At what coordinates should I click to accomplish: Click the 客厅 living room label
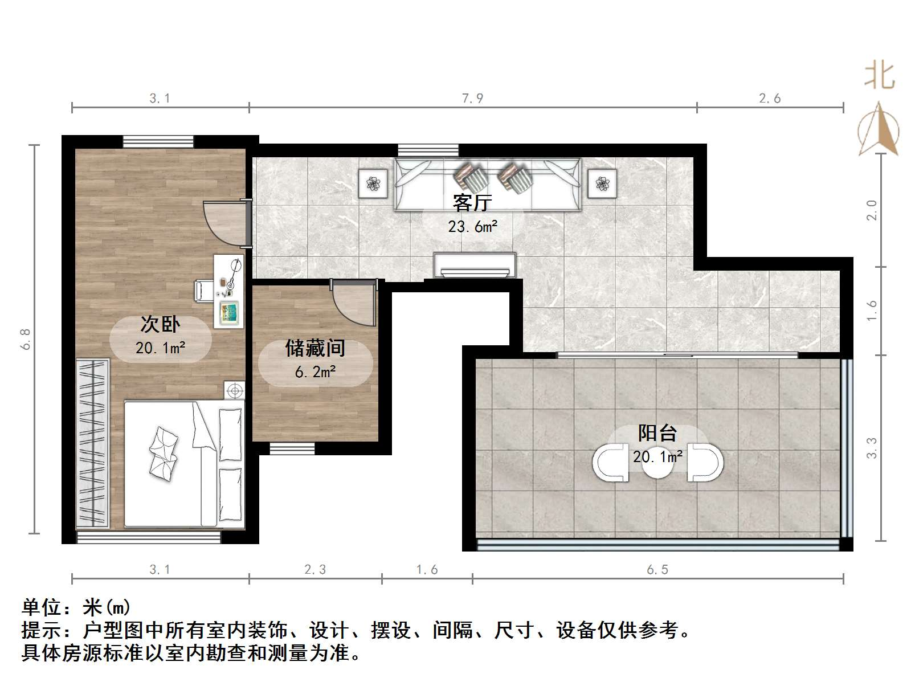472,203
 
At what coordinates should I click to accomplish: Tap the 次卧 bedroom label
160,324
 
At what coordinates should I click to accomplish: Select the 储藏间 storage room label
315,348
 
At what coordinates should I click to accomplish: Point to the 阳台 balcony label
657,433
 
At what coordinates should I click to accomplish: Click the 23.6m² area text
473,226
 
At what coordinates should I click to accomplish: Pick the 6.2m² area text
315,371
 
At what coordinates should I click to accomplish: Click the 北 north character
880,76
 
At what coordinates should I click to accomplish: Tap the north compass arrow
879,129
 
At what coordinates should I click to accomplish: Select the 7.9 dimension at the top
473,99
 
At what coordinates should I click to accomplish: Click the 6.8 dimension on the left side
26,339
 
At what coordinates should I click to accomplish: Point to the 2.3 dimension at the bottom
315,569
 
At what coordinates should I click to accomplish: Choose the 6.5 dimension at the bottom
657,569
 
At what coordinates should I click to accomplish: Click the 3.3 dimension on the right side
871,448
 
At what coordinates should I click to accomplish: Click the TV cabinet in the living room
475,265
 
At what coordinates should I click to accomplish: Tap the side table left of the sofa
373,183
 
